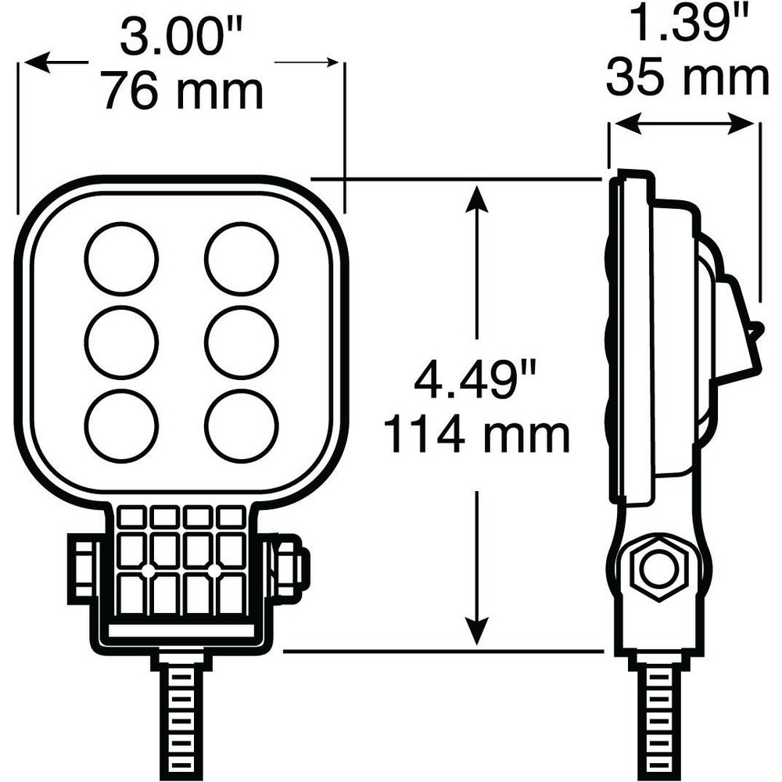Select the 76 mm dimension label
tap(184, 91)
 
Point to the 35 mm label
tap(687, 79)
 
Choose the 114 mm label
tap(477, 436)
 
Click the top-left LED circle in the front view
tap(121, 260)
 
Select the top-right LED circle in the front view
tap(242, 260)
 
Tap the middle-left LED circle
tap(121, 343)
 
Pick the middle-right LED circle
tap(242, 343)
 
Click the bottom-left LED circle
tap(121, 426)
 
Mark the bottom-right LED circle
tap(242, 426)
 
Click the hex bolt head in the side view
tap(658, 568)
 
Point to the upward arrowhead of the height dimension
tap(477, 199)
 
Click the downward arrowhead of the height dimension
tap(477, 631)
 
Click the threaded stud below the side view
tap(658, 717)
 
